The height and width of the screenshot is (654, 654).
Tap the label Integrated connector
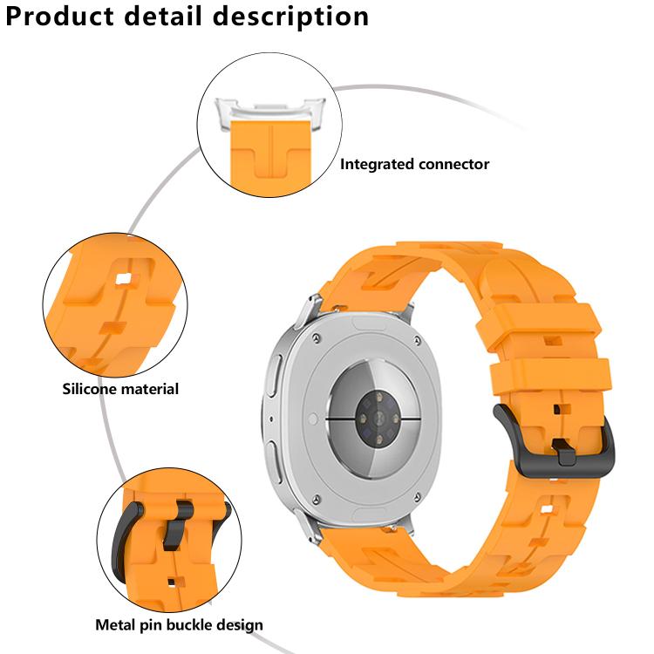pyautogui.click(x=414, y=164)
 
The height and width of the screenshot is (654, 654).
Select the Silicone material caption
pyautogui.click(x=119, y=389)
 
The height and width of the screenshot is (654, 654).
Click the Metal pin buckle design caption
pyautogui.click(x=179, y=624)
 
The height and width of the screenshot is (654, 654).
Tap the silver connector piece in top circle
pyautogui.click(x=261, y=112)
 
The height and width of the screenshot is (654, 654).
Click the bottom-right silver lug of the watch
pyautogui.click(x=403, y=526)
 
